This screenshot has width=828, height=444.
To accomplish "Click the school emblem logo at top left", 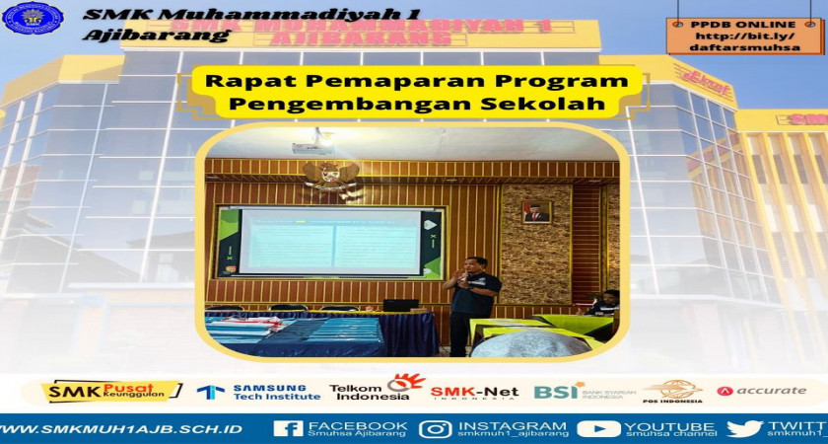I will point(33,18).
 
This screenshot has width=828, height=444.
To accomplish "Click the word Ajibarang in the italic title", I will point(157,36).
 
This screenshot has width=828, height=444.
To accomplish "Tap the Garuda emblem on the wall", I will point(331,178).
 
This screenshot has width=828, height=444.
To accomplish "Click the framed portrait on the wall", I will point(536,210).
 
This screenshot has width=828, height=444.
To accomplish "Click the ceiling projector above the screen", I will point(312,144).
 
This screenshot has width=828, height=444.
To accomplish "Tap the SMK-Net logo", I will point(474,392).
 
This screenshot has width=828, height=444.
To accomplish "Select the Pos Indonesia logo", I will point(674,392).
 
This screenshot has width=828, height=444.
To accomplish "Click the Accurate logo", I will point(761,391).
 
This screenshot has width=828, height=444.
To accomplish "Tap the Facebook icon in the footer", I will point(288,428).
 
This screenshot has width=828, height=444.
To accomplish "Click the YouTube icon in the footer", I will point(597,428).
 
